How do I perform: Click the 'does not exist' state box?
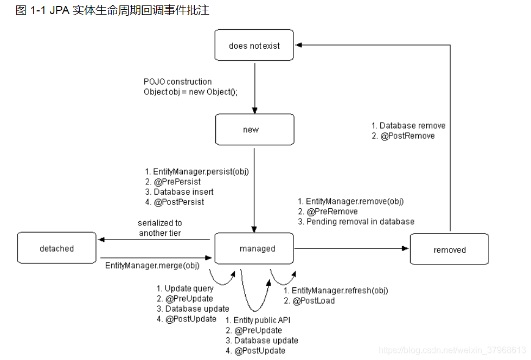254,46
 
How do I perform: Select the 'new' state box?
254,130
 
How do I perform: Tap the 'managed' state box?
254,248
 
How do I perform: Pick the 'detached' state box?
56,248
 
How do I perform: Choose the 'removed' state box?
449,249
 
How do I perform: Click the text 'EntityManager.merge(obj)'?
152,266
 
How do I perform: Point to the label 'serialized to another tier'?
160,228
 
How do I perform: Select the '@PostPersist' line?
179,202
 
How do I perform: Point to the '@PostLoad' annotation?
314,300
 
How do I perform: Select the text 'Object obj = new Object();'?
190,92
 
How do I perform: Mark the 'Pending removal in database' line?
360,221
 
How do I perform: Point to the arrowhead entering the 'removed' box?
406,248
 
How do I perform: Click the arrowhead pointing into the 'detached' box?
100,240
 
